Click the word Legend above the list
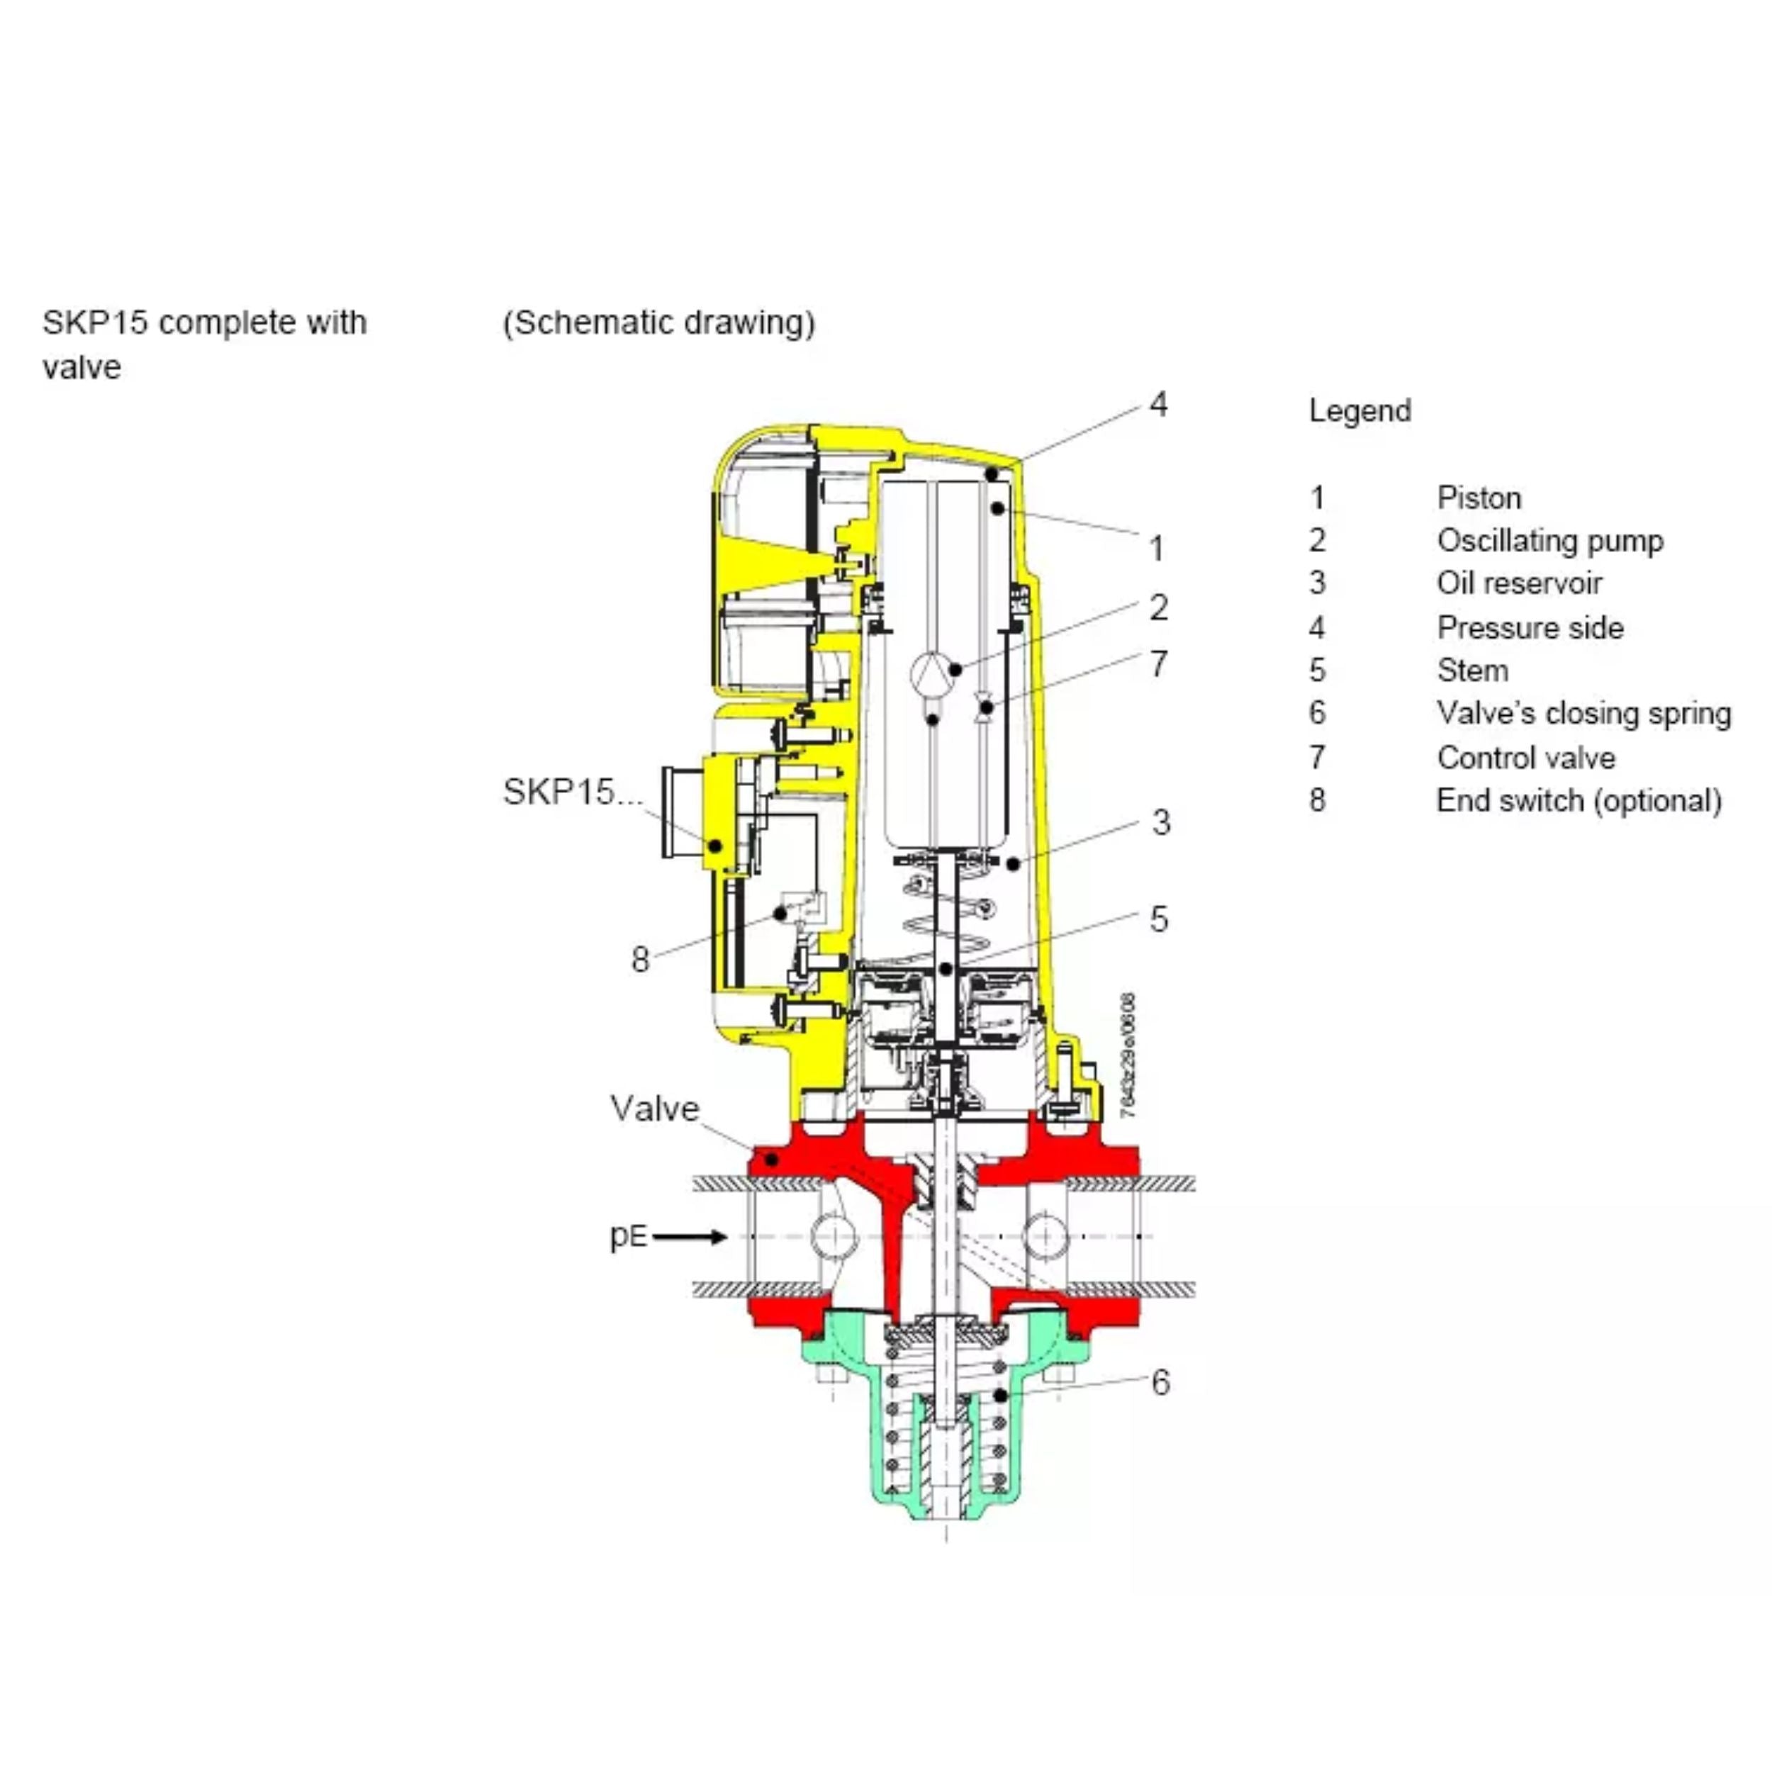click(x=1359, y=412)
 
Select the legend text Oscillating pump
click(x=1550, y=541)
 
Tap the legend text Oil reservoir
click(x=1519, y=583)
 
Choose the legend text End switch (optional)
click(x=1578, y=801)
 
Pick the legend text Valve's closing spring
click(x=1584, y=714)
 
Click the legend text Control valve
click(x=1526, y=758)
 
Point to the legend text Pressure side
click(x=1530, y=627)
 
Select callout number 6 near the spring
click(x=1160, y=1382)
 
